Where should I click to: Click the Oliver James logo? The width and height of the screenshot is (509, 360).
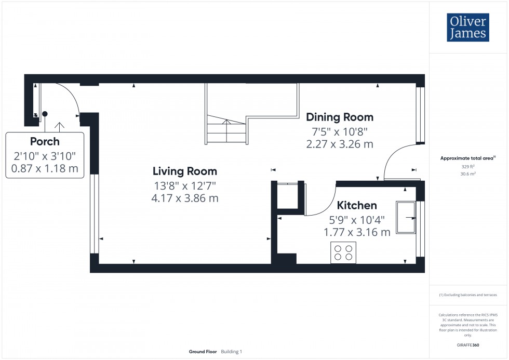point(467,28)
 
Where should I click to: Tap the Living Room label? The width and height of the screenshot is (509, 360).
point(184,171)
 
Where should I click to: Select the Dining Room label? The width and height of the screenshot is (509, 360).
point(339,117)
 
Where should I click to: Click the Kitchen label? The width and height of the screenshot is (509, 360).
point(357,205)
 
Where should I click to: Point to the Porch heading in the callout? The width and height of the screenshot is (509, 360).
point(45,141)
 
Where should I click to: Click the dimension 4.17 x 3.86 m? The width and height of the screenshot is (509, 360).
point(184,198)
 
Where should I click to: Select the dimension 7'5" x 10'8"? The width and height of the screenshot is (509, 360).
point(339,131)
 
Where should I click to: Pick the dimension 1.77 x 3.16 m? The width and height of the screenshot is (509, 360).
point(357,232)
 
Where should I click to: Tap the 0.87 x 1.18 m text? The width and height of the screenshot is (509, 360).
point(45,168)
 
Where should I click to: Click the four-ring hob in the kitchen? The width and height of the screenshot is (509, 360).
point(343,252)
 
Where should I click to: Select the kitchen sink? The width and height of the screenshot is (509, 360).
point(406,217)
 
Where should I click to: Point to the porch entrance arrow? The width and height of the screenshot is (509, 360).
point(61,126)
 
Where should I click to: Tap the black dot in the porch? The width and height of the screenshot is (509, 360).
point(45,114)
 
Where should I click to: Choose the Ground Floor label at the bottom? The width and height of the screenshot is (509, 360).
point(203,352)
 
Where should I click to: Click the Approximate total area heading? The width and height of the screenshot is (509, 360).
point(467,158)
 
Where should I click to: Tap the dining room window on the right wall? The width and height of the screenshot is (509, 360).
point(421,114)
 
